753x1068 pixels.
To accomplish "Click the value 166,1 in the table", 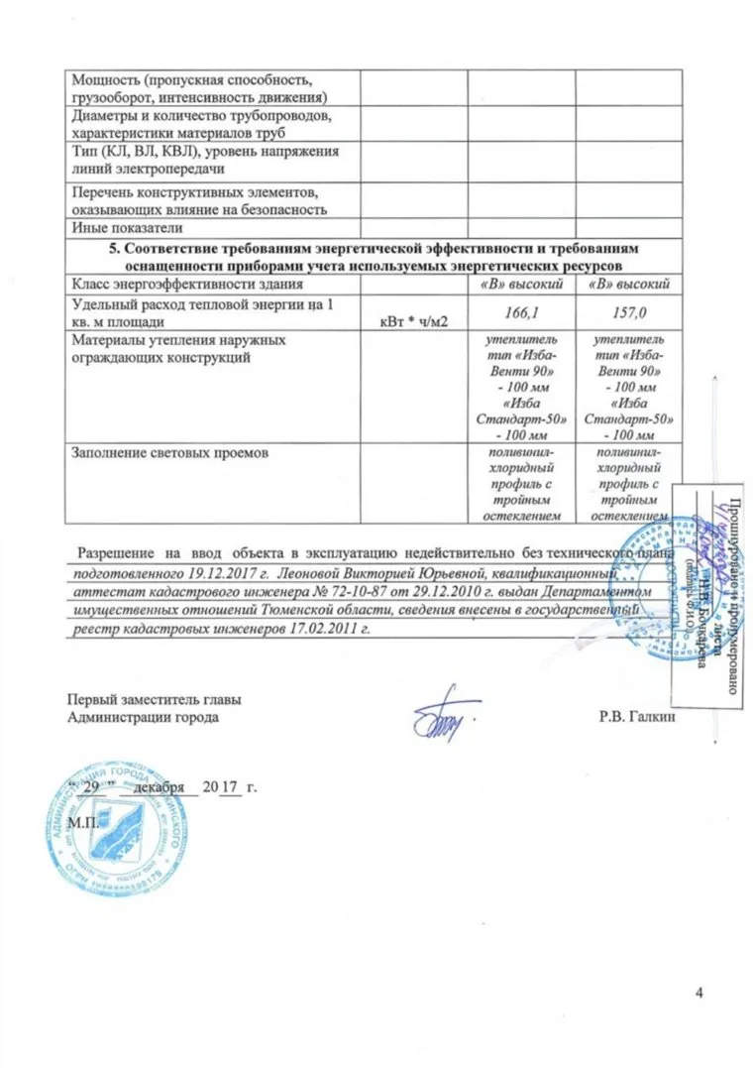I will (x=521, y=313).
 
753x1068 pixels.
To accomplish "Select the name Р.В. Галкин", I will (x=635, y=717).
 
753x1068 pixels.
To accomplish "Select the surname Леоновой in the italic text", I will (x=311, y=573).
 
